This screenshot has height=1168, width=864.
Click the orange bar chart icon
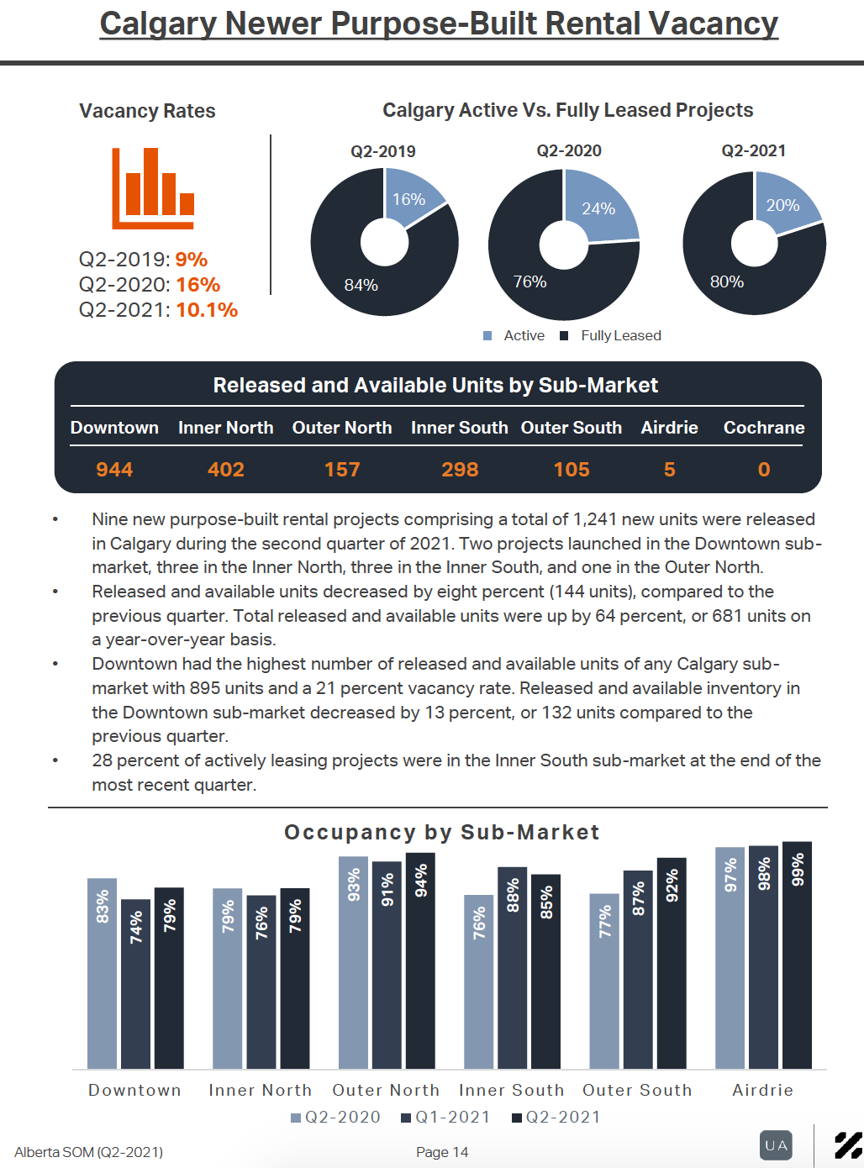coord(153,188)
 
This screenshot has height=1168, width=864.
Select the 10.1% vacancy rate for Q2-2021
coord(207,309)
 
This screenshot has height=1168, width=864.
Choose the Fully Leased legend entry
coord(610,335)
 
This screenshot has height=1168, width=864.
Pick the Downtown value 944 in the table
coord(114,469)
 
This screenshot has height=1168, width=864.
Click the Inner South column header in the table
coord(460,428)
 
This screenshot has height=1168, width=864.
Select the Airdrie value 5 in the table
coord(669,469)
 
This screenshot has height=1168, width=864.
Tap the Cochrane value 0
coord(764,469)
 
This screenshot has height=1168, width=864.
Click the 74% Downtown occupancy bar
coord(135,984)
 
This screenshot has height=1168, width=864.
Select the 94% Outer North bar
coord(420,960)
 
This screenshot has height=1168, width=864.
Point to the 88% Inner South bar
coord(512,968)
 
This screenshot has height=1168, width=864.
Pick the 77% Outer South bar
coord(604,981)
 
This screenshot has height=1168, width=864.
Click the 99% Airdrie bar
coord(797,955)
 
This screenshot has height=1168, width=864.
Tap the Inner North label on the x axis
coord(261,1090)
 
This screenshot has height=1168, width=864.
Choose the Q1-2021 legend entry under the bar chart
coord(445,1118)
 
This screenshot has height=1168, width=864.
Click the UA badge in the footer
coord(776,1145)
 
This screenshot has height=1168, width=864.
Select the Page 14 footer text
coord(442,1152)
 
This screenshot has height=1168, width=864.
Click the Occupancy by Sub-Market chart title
coord(441,832)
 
